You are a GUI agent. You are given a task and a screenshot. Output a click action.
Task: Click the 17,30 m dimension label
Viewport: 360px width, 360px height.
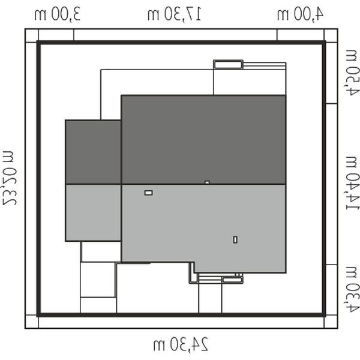coord(175,14)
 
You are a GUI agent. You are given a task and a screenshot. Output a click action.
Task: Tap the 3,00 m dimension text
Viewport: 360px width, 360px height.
coord(58,14)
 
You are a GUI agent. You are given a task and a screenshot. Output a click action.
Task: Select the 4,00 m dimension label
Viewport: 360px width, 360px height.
coord(301,14)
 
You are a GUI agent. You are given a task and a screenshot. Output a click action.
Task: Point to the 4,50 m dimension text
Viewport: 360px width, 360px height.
coord(352,73)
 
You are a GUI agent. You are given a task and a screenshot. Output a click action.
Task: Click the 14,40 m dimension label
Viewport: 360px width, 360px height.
coord(352,183)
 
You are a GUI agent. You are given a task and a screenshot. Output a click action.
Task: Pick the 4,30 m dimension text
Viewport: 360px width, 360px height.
coord(352,290)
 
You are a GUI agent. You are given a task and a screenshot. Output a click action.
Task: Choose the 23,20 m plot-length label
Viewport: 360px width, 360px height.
coord(10,178)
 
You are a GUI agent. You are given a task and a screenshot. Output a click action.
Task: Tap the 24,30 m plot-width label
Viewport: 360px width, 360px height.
coord(181,344)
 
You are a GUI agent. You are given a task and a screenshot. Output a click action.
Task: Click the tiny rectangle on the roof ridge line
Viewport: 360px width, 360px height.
coord(207,182)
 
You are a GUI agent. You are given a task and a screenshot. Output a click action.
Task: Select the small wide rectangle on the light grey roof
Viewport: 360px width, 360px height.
coord(149,193)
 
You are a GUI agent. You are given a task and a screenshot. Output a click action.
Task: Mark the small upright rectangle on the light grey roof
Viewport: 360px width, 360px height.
coord(235,239)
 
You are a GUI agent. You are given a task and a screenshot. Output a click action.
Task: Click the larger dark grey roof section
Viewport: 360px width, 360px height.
coord(203,140)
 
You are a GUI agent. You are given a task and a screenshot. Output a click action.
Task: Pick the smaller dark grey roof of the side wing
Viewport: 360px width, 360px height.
coord(93,152)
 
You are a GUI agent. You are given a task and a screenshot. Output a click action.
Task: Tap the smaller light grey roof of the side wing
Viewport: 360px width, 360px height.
coord(93,212)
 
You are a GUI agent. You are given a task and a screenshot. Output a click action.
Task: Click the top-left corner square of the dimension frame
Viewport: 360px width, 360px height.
coord(32,35)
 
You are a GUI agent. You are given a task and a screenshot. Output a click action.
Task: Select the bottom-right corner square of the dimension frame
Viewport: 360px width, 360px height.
coord(331,322)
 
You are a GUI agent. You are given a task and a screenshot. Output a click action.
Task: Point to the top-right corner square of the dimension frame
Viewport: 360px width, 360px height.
coord(331,35)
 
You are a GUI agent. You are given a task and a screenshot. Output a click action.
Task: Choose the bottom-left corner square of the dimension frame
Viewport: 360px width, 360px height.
coord(32,322)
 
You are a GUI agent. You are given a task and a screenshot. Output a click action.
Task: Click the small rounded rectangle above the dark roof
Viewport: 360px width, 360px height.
coord(228,65)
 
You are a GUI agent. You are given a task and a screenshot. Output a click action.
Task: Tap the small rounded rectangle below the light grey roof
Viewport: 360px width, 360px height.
coord(232,280)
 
